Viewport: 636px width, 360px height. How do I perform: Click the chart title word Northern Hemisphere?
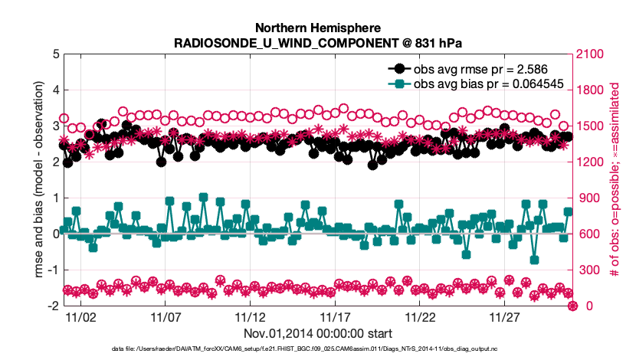[317, 26]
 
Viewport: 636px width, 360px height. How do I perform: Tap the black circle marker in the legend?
[399, 69]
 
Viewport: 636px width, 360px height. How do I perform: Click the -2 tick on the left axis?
[50, 306]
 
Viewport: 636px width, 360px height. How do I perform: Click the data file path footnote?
[317, 349]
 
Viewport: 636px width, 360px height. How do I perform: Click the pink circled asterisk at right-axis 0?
[572, 306]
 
